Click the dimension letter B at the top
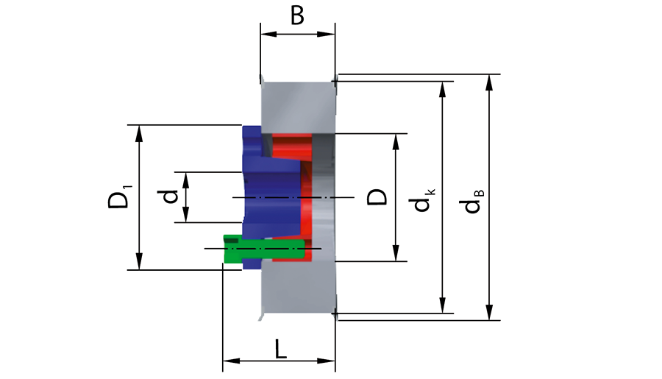297,15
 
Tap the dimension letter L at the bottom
281,349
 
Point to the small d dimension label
170,197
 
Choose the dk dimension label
423,199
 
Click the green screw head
232,249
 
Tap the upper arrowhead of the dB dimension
489,83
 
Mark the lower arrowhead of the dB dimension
489,312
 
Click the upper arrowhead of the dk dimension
443,90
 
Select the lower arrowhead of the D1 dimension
139,261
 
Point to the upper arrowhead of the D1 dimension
139,133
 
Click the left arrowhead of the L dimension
232,361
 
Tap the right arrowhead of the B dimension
326,34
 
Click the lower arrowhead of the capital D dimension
396,252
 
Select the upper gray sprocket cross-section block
298,107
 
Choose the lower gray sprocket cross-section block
298,287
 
